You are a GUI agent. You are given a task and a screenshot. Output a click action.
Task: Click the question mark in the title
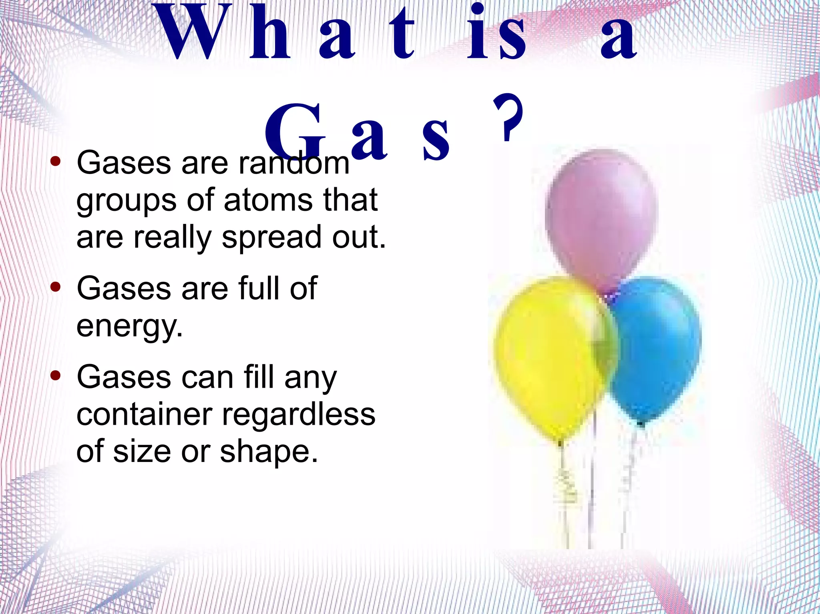click(x=508, y=118)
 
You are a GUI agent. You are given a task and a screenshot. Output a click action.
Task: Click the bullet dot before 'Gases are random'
click(x=56, y=162)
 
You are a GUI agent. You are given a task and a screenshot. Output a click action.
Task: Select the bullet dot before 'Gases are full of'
click(x=56, y=287)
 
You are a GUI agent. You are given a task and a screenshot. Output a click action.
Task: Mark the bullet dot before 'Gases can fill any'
click(x=56, y=376)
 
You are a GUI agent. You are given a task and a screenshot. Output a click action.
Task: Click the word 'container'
click(x=144, y=415)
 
